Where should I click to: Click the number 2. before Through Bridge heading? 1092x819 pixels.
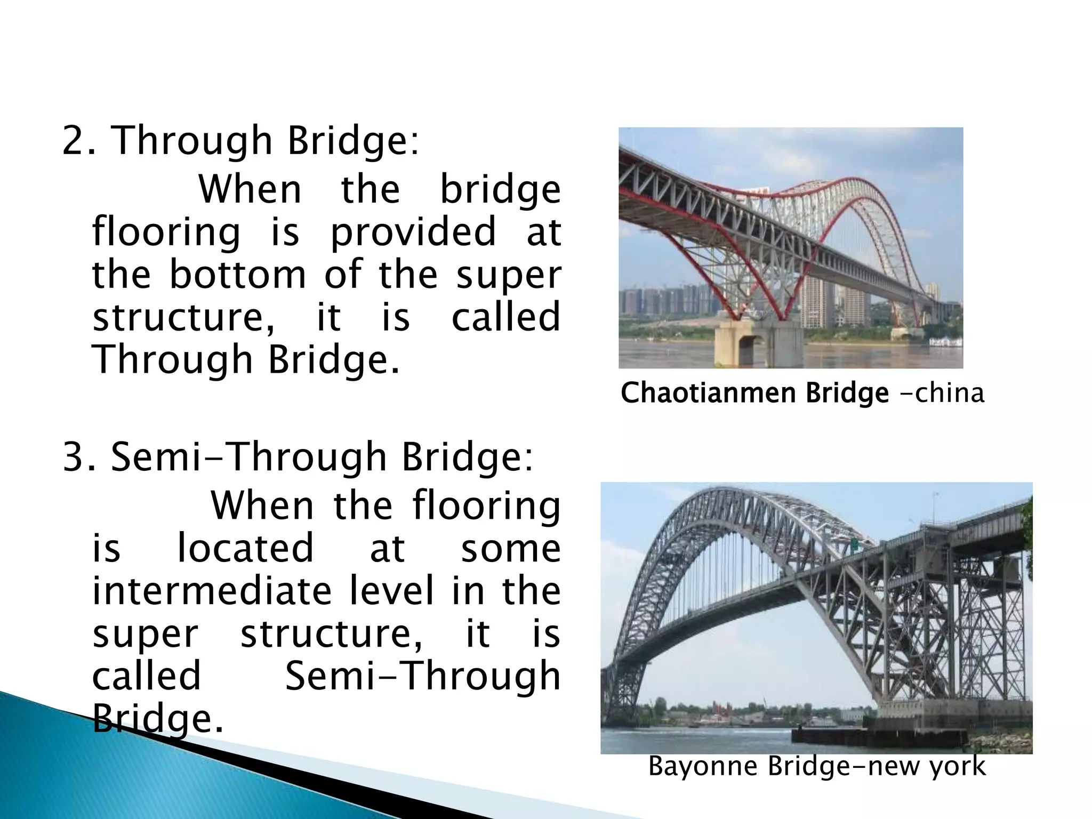pyautogui.click(x=79, y=141)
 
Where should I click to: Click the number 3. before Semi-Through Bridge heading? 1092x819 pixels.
pyautogui.click(x=79, y=457)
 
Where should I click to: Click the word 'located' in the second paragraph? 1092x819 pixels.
pyautogui.click(x=245, y=549)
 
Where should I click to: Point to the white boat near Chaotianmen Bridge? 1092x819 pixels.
pyautogui.click(x=945, y=341)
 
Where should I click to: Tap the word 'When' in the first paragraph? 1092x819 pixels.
pyautogui.click(x=250, y=190)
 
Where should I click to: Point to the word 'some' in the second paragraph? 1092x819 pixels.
pyautogui.click(x=510, y=549)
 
